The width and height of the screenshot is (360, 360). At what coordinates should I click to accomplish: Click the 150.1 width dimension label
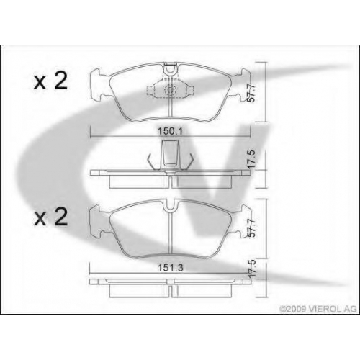click(x=170, y=131)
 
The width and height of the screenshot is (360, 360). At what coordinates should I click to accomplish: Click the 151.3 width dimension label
click(x=170, y=268)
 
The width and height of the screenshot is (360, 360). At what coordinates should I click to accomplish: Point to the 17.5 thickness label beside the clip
click(x=251, y=160)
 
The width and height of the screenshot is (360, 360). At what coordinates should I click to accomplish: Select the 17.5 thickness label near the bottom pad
click(x=251, y=269)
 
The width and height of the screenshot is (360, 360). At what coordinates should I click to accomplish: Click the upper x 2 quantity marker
click(x=50, y=81)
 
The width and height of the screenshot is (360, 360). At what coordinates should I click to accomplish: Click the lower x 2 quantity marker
click(x=50, y=217)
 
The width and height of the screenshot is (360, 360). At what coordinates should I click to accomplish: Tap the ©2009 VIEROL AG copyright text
click(x=318, y=309)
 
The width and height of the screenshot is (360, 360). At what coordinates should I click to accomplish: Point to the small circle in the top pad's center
click(x=170, y=90)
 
